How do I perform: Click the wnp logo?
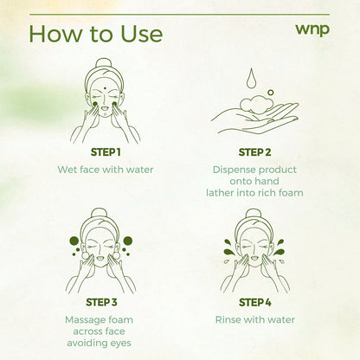point(312,29)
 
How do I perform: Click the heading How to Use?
point(95,33)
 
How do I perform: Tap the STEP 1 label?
point(105,152)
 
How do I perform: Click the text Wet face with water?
point(105,169)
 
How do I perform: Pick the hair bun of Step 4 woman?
point(254,213)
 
